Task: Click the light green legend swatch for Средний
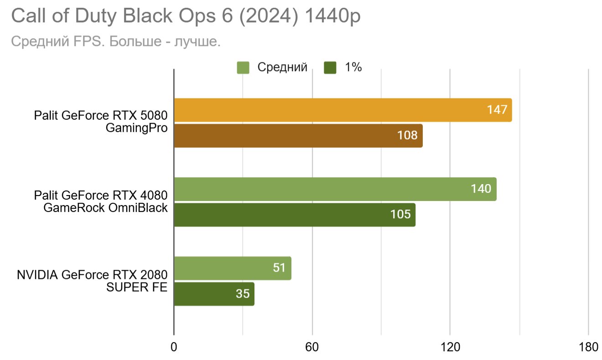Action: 243,68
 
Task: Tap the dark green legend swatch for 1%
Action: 330,68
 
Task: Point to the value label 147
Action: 497,110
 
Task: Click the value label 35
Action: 243,294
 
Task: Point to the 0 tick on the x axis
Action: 174,347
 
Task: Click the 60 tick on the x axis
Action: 312,347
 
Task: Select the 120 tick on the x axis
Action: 450,347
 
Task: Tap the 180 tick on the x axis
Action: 588,347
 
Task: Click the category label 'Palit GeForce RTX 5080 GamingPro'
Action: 101,122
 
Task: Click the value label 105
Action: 400,215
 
